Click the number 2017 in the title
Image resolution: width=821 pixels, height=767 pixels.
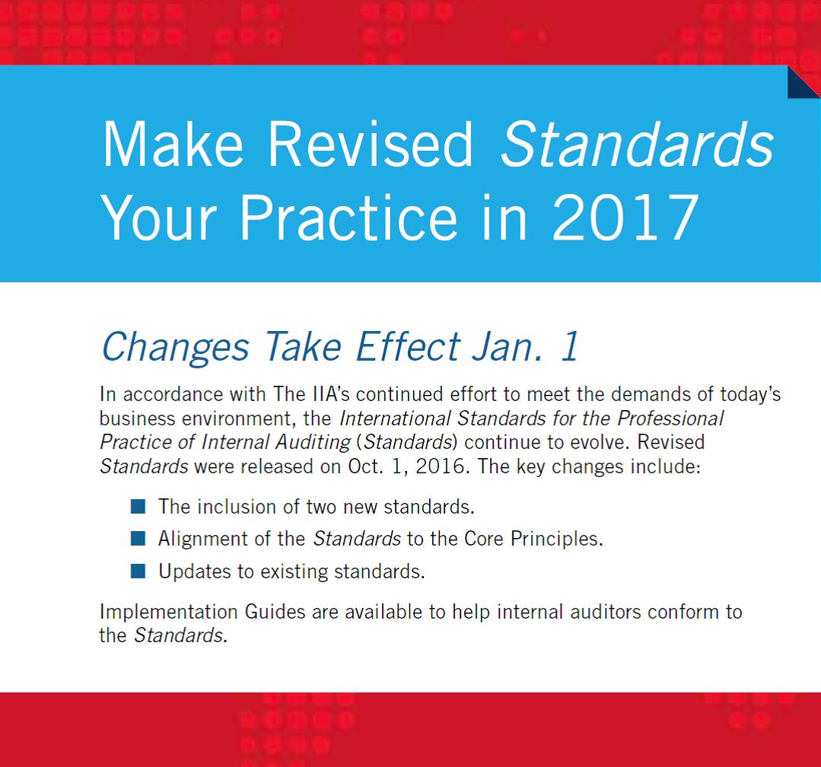click(625, 217)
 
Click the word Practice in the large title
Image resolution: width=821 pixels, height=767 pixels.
click(348, 217)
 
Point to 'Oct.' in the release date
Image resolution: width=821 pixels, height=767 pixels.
click(365, 466)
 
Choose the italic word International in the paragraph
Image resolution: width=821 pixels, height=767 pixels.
click(395, 419)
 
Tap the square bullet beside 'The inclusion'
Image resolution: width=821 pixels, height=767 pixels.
click(138, 506)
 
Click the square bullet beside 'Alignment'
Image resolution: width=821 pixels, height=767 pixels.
click(138, 538)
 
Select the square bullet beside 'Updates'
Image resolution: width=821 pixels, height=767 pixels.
click(138, 571)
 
